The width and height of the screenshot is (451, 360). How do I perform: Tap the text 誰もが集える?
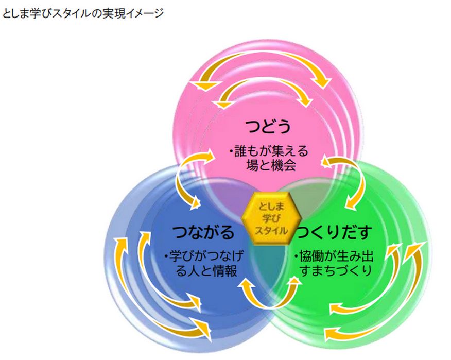[270, 152]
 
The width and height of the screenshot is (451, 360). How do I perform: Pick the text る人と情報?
[207, 270]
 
